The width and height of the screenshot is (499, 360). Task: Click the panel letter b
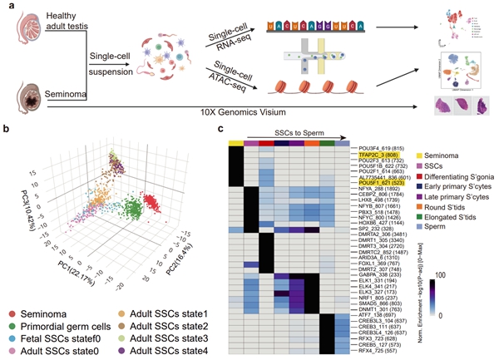pyautogui.click(x=7, y=131)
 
